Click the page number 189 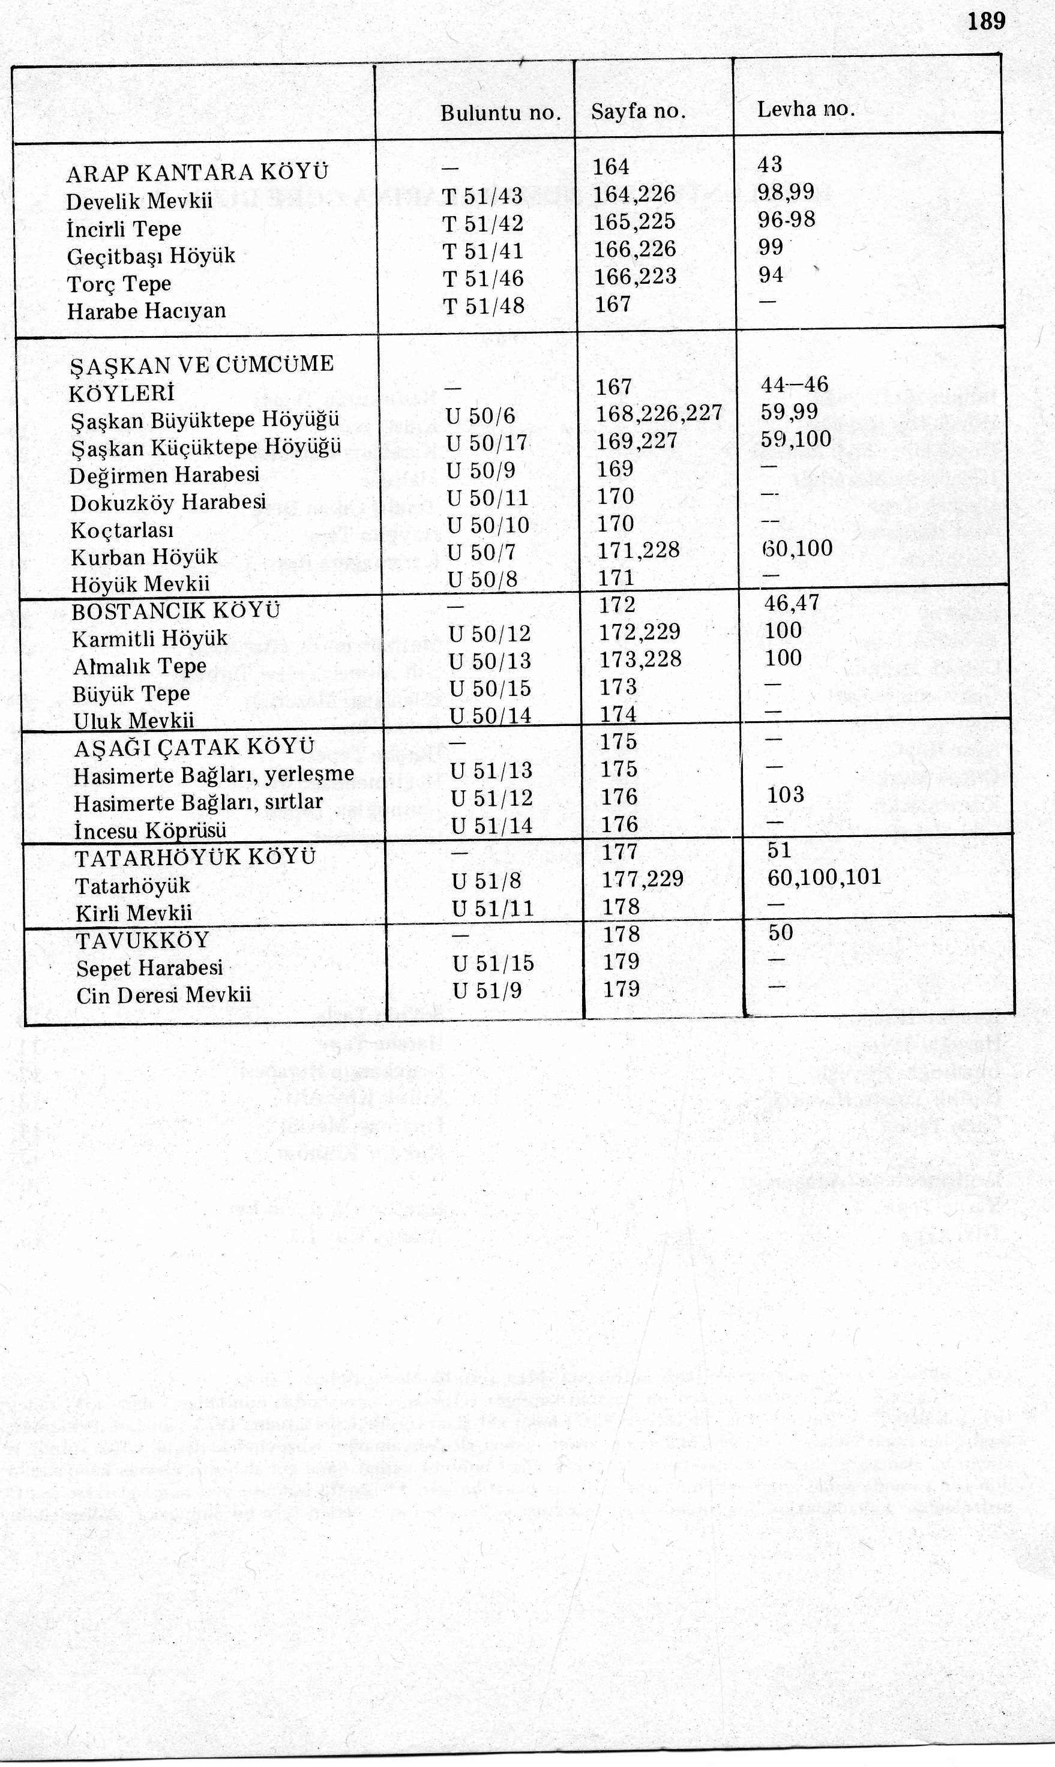986,22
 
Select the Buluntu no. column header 500,113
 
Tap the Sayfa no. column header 638,112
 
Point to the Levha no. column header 805,109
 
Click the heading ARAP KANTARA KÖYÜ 197,173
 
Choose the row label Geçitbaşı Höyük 151,256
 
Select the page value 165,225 634,222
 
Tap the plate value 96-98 786,220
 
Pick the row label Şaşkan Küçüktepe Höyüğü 206,447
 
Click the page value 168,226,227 659,413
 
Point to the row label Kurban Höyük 144,557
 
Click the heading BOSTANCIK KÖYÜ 176,611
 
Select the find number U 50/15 490,689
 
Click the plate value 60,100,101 824,877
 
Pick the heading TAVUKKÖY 143,941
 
